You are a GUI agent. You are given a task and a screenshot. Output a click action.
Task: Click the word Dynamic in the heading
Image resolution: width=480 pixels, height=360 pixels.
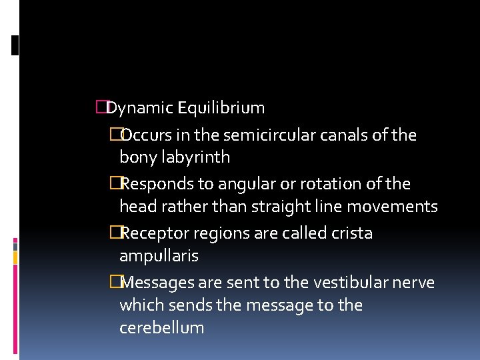(141, 108)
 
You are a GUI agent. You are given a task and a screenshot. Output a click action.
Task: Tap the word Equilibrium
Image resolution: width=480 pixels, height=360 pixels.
(222, 108)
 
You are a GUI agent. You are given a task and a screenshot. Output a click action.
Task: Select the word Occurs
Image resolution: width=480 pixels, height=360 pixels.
(149, 135)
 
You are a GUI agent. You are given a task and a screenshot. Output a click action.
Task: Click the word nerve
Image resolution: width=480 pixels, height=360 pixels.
(416, 283)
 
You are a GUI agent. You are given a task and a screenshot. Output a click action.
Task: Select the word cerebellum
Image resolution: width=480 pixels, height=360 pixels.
(161, 328)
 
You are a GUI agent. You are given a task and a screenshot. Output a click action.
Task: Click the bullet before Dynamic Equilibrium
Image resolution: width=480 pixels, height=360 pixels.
(101, 107)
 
